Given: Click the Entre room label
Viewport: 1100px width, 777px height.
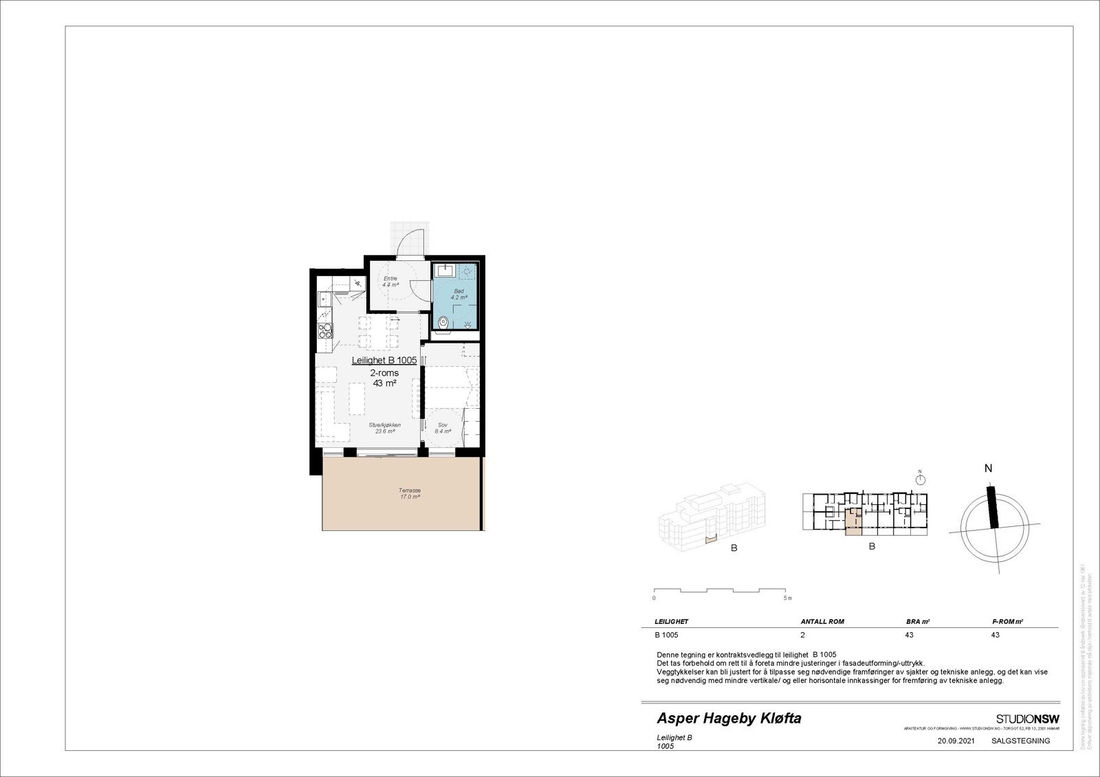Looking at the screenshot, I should coord(390,281).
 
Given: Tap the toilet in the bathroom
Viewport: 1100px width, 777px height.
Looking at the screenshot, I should coord(444,322).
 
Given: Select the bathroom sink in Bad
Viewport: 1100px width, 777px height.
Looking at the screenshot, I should coord(445,270).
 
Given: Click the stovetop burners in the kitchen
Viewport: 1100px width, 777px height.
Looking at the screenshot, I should coord(325,331).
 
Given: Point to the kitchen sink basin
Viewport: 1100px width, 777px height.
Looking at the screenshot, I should coord(324,300).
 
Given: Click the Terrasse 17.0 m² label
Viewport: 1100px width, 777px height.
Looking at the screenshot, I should coord(409,493).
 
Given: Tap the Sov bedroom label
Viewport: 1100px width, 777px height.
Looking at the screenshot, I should coord(443,428).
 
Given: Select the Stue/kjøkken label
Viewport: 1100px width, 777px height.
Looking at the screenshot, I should coord(384,428).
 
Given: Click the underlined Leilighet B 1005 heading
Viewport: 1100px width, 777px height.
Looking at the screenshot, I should coord(384,360).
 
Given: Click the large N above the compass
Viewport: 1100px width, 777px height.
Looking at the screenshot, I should coord(988,469).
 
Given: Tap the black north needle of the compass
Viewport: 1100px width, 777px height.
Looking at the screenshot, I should coord(992,507).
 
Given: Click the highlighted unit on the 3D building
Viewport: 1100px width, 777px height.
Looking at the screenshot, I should coord(710,539).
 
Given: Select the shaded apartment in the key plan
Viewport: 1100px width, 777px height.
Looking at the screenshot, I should coord(852,524).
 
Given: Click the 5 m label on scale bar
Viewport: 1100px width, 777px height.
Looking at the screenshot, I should coord(789,598).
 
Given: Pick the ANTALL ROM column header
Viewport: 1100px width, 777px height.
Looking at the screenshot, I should coord(822,621).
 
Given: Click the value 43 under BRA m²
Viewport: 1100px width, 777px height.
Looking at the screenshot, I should coord(909,635).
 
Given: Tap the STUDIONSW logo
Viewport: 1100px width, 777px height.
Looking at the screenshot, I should coord(1027,719).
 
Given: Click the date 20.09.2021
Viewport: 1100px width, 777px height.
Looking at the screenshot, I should coord(956,741).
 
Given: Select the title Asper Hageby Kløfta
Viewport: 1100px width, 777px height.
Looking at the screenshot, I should coord(729,719).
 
